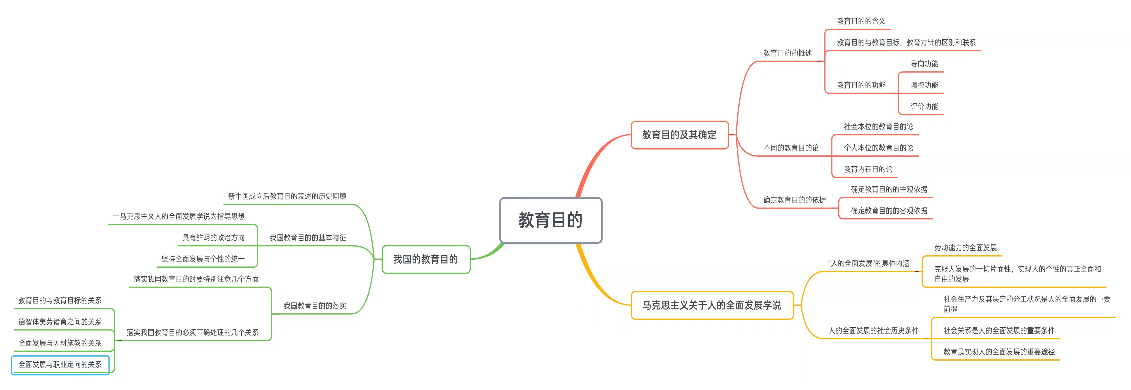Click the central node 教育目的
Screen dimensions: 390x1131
(x=551, y=220)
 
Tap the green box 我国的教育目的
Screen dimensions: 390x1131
(x=425, y=259)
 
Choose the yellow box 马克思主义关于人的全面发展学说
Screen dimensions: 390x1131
(x=712, y=305)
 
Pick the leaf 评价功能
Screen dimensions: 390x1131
(x=924, y=107)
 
